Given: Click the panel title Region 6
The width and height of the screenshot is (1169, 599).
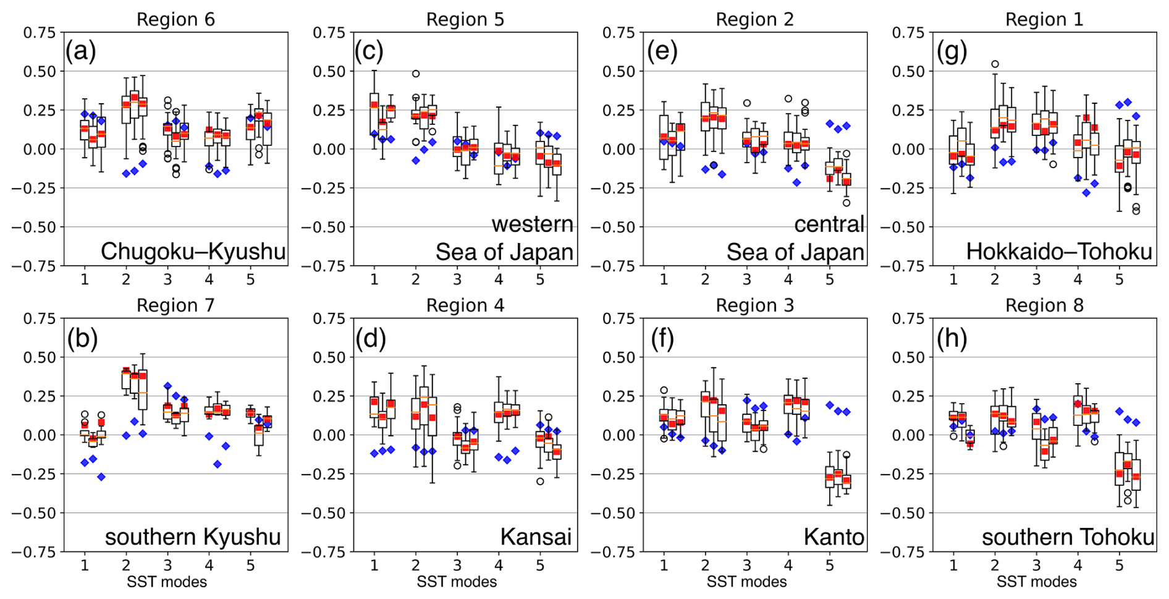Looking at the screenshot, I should click(175, 19).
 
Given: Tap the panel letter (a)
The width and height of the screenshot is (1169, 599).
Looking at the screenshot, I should click(81, 51).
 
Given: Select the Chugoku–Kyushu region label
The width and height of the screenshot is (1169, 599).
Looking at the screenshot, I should click(193, 252).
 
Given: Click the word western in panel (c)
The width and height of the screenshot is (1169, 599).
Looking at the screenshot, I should click(532, 224).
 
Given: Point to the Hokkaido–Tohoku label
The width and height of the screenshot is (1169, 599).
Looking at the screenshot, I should click(1059, 252).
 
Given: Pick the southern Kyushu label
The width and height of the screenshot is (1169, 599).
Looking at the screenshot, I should click(193, 537).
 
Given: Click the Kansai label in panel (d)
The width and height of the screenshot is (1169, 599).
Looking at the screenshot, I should click(536, 537).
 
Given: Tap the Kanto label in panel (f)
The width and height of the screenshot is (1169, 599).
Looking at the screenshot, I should click(833, 537).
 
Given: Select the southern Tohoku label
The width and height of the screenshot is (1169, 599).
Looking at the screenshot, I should click(1068, 537).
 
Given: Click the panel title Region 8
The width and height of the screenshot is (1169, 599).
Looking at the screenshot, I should click(1044, 305).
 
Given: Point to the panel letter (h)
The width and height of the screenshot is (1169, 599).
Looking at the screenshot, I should click(952, 338).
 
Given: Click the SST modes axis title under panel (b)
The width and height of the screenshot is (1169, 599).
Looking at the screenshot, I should click(167, 582).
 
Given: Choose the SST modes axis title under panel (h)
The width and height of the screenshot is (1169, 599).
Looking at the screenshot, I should click(1036, 582).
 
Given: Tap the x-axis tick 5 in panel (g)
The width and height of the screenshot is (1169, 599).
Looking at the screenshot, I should click(1119, 279).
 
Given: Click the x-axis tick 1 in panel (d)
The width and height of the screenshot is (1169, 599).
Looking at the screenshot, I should click(374, 565).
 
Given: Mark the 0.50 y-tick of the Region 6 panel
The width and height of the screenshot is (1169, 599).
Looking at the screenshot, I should click(40, 71).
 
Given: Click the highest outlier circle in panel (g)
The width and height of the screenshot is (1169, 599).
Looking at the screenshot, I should click(995, 64).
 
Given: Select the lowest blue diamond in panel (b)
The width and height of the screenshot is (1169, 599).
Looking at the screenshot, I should click(101, 477).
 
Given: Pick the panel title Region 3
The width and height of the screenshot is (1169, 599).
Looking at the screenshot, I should click(754, 305).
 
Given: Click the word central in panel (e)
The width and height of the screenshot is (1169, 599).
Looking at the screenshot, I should click(829, 224).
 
